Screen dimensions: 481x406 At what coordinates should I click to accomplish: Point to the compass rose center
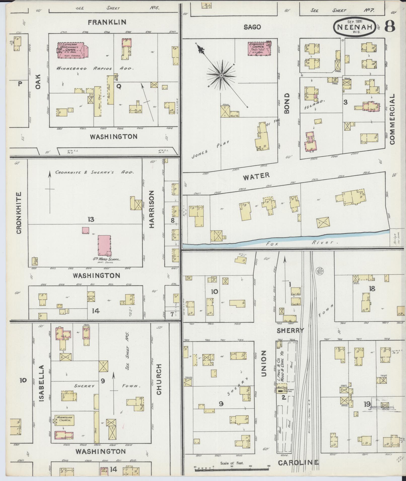221,75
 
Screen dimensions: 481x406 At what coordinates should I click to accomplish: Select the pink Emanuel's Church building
259,49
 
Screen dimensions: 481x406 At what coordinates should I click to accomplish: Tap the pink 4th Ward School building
104,245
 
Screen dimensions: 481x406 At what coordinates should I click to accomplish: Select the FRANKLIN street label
107,22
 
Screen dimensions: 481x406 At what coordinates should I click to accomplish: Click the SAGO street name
252,27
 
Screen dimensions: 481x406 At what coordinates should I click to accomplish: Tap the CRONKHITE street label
19,213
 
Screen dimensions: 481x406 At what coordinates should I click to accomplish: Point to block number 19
367,404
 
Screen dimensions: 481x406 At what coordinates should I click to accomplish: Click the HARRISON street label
151,209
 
